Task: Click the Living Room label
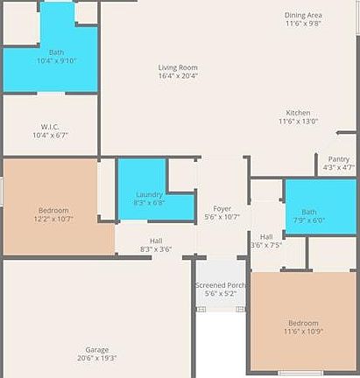pos(178,67)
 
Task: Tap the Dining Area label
pos(303,15)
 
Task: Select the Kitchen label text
pos(298,113)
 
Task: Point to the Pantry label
pos(338,158)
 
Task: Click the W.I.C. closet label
pos(50,126)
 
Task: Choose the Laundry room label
pos(150,193)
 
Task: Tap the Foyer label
pos(222,208)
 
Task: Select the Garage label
pos(97,349)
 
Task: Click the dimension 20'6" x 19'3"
pos(97,358)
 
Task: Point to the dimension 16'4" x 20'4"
pos(178,76)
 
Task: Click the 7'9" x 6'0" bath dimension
pos(308,220)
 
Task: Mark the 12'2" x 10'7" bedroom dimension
pos(53,220)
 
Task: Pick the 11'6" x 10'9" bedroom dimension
pos(303,331)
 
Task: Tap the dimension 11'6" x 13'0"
pos(298,122)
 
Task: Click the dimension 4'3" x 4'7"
pos(338,167)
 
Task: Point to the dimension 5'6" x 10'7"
pos(222,217)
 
